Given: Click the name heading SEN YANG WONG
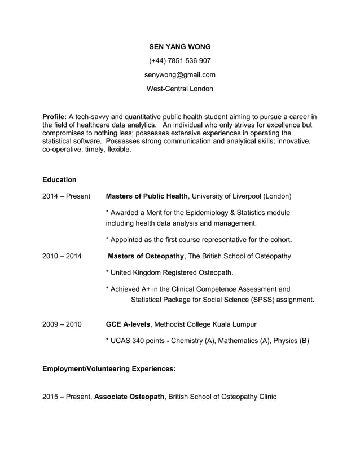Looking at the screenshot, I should click(x=179, y=46).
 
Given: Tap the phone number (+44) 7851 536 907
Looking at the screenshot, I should click(x=179, y=60).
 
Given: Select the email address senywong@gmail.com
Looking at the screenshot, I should click(x=179, y=74).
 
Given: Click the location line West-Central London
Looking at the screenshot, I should click(x=179, y=89).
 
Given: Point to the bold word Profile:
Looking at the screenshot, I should click(x=55, y=117).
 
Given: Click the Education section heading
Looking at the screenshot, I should click(x=59, y=179).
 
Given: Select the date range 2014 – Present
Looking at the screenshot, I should click(x=66, y=196).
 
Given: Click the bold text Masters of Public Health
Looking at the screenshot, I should click(x=147, y=196).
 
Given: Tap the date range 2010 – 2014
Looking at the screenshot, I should click(x=62, y=256).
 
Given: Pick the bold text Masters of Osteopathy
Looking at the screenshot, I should click(x=146, y=256).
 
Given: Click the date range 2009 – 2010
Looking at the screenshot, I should click(x=62, y=324).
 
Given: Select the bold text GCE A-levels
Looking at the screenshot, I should click(x=128, y=324).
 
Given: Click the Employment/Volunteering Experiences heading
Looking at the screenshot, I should click(x=109, y=368).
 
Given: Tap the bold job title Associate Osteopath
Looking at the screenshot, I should click(x=130, y=397).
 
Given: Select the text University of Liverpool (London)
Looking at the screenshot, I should click(x=242, y=196).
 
